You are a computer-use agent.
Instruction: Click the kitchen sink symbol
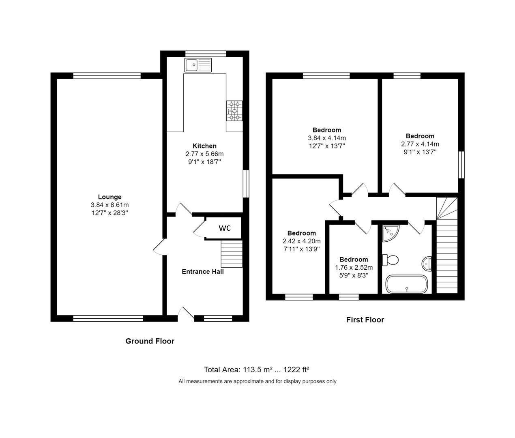point(198,65)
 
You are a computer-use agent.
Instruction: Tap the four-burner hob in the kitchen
point(234,111)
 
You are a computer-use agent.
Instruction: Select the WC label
point(225,228)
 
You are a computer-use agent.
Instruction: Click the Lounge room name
point(109,197)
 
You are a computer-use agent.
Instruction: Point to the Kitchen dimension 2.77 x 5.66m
point(204,154)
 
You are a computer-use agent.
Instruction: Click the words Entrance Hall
point(202,272)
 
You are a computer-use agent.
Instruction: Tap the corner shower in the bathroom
point(390,232)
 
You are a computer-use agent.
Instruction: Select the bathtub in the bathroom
point(406,284)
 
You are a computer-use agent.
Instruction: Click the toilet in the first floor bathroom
point(391,260)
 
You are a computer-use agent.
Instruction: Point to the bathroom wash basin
point(427,264)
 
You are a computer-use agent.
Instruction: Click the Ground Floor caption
point(150,341)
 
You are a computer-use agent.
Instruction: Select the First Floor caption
point(365,320)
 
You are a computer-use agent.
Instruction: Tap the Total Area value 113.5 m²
point(257,370)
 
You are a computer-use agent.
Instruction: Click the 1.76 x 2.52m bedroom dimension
point(354,267)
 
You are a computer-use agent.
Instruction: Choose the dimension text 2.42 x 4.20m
point(301,241)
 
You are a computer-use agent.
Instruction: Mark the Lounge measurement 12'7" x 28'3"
point(109,213)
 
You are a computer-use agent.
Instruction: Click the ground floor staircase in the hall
point(231,253)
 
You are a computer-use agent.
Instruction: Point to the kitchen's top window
point(205,54)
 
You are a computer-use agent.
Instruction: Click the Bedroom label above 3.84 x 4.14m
point(326,130)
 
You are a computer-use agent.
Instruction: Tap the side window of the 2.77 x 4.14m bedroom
point(461,165)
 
